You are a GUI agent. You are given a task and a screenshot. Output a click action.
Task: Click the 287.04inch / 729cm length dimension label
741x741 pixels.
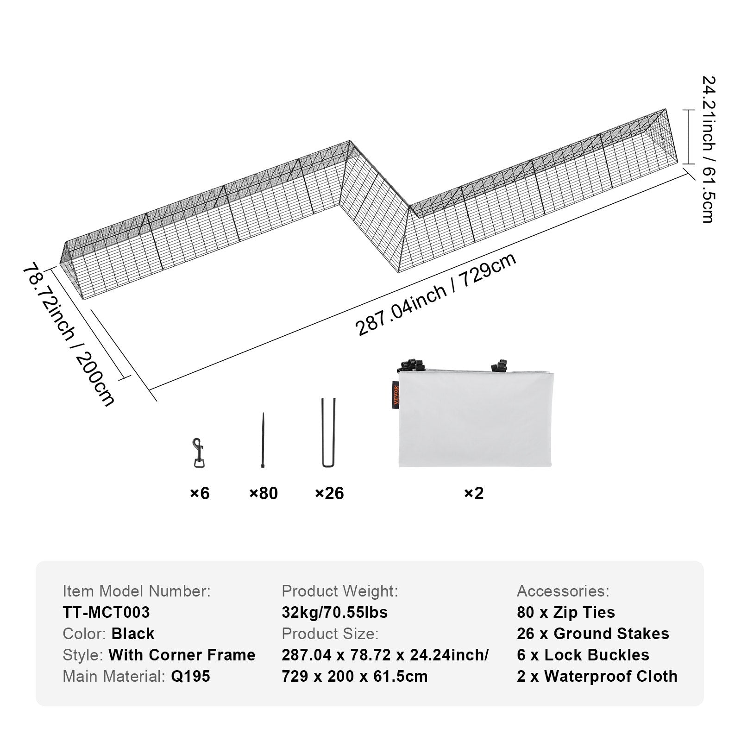[x=435, y=295]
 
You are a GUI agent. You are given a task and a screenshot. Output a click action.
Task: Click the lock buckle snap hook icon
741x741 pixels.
[x=199, y=452]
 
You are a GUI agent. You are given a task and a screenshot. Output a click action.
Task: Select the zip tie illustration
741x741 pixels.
[x=263, y=440]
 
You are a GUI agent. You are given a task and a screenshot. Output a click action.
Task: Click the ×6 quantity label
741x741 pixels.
[x=200, y=493]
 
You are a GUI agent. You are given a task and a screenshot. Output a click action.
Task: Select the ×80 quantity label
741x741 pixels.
[x=264, y=493]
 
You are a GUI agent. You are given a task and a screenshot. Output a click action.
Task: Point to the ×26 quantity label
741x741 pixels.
[x=329, y=493]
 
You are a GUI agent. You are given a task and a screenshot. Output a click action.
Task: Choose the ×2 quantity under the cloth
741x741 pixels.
[x=474, y=493]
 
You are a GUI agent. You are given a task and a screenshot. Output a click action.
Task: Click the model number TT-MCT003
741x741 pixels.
[x=107, y=612]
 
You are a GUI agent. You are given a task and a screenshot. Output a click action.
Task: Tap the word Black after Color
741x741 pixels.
[x=133, y=634]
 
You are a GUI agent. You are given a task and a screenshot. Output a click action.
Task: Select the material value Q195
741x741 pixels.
[x=190, y=676]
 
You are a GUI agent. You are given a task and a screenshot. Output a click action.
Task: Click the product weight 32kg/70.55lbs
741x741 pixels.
[x=334, y=612]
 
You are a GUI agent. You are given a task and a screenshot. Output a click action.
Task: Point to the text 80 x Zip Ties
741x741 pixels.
[x=566, y=612]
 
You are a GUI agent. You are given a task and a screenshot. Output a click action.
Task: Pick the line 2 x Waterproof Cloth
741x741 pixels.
[x=597, y=676]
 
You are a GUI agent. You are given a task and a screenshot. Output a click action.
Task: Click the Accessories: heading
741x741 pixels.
[x=563, y=591]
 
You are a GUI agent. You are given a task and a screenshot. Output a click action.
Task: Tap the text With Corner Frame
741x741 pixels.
[x=182, y=655]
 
